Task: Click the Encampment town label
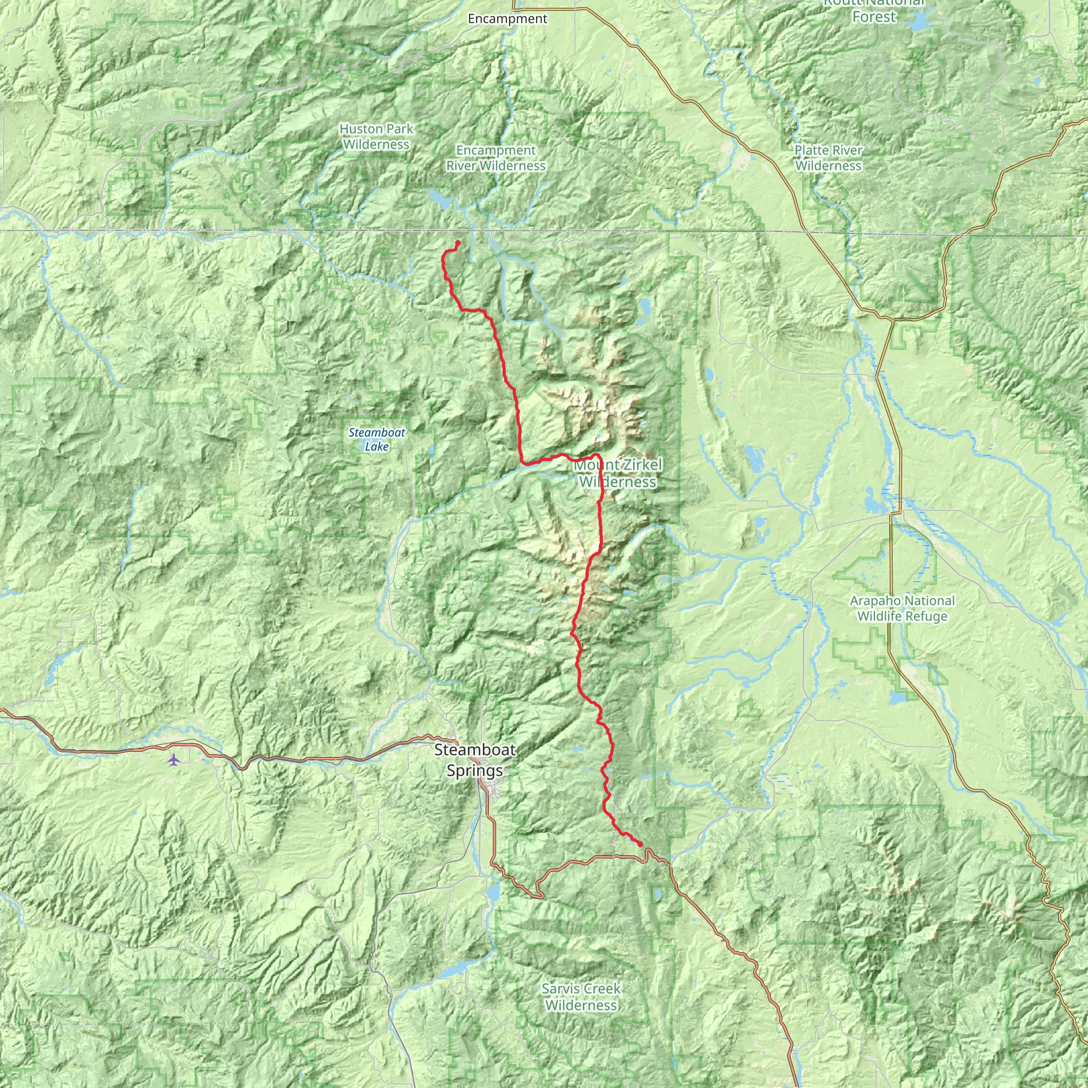(507, 19)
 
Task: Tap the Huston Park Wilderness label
(376, 137)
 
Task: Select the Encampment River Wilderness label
(496, 158)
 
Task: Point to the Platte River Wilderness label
(828, 158)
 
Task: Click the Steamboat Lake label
(377, 439)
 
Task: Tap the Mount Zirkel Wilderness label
(618, 473)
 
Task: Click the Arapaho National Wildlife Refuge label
(902, 608)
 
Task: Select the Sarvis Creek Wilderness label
(581, 997)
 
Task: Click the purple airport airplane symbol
(173, 760)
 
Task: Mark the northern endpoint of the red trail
(458, 243)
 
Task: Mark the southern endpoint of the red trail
(641, 844)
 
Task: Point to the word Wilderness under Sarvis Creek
(581, 1005)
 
